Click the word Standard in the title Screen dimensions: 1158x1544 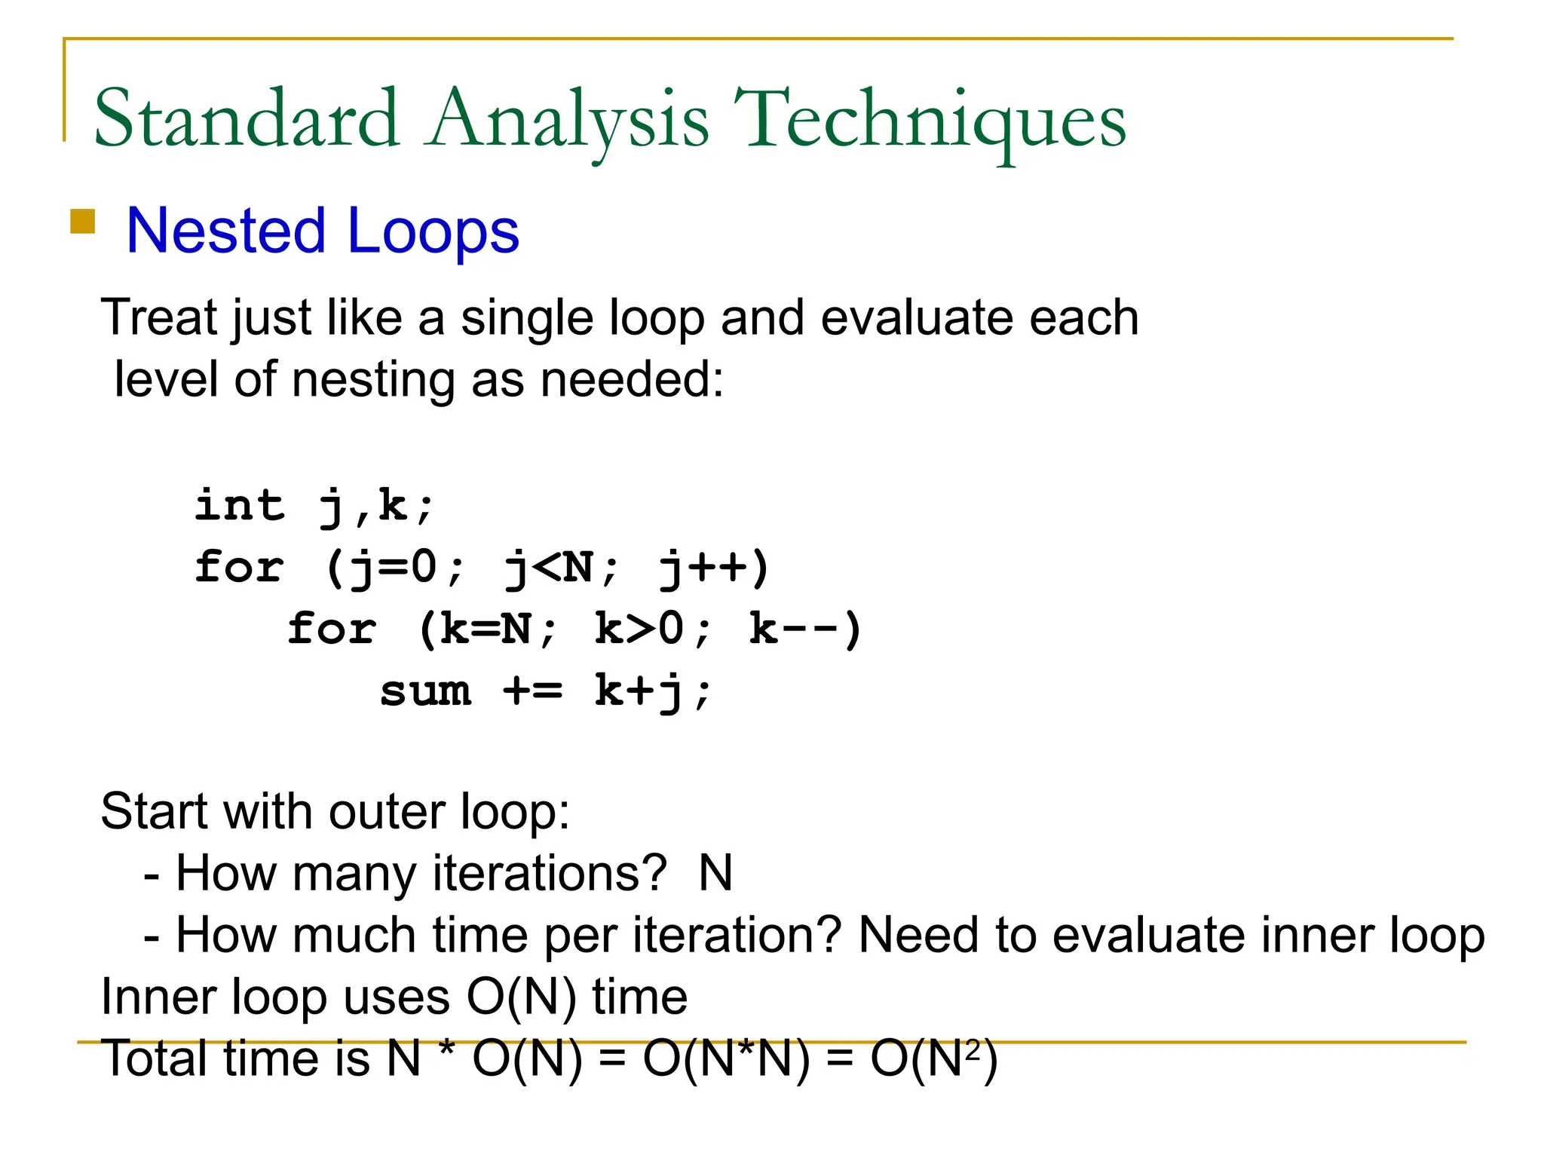coord(247,118)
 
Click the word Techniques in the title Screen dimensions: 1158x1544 coord(929,118)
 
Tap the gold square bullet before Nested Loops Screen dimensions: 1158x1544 coord(82,222)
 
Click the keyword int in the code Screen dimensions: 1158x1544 coord(240,505)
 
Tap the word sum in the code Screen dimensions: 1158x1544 coord(426,691)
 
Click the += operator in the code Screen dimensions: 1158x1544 coord(533,691)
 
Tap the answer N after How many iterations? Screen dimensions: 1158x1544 coord(715,874)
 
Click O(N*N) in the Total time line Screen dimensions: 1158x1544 coord(726,1059)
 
